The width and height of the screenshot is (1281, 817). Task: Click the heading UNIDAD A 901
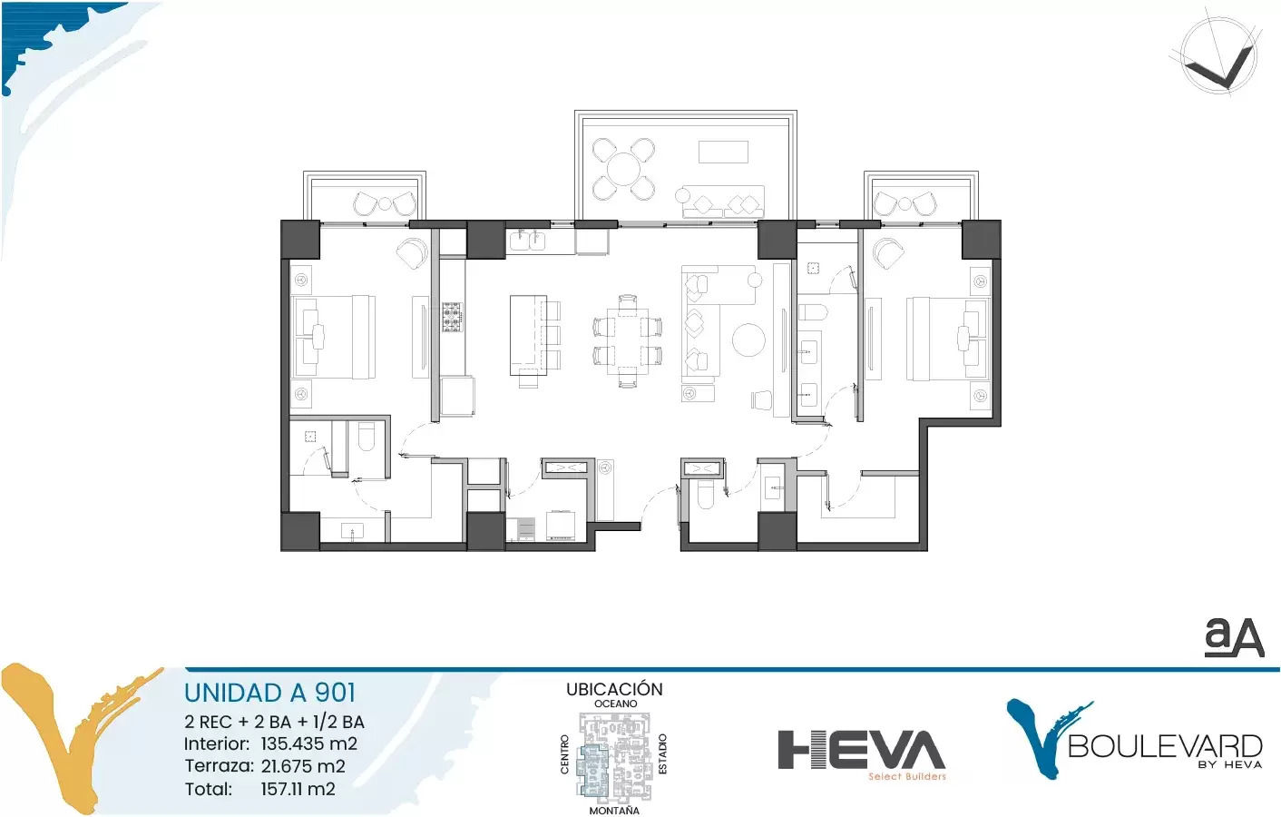[269, 693]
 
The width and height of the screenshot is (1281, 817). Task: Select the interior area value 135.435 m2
[308, 743]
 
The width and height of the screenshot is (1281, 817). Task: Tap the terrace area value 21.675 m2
[303, 766]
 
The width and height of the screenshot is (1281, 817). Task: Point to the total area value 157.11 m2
[298, 789]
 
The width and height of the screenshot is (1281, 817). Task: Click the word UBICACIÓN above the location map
[614, 689]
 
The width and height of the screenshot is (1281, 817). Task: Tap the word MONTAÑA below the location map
[614, 810]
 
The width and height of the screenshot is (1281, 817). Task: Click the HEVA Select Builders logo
[862, 754]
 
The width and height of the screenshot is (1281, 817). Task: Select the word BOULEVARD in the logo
[1165, 746]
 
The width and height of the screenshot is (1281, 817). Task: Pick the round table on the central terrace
[623, 169]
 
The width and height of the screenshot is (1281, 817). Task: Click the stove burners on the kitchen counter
[452, 318]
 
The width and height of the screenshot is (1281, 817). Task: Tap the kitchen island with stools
[534, 337]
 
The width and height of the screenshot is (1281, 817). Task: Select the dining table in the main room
[628, 341]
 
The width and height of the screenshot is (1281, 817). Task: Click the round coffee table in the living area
[748, 340]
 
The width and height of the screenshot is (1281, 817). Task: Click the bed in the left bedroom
[334, 337]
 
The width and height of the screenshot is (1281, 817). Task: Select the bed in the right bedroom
[948, 338]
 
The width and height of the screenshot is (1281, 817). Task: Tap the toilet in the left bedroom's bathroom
[366, 437]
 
